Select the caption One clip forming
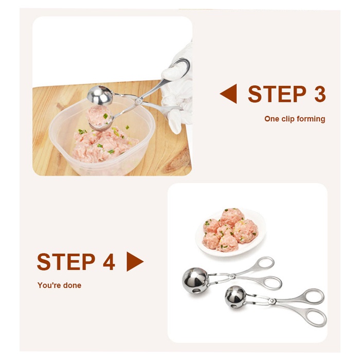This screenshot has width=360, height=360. click(x=295, y=119)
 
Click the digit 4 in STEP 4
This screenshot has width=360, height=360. click(x=109, y=262)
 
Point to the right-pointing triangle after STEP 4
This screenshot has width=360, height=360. click(x=134, y=262)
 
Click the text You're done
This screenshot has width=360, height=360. click(x=59, y=285)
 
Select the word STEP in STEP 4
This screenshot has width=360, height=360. click(x=66, y=262)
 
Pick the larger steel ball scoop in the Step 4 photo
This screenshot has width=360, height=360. click(x=196, y=280)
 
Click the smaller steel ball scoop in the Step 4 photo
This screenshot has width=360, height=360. click(x=236, y=297)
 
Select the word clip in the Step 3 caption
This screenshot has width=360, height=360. click(x=288, y=119)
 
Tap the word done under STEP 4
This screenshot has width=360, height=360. click(x=73, y=285)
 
